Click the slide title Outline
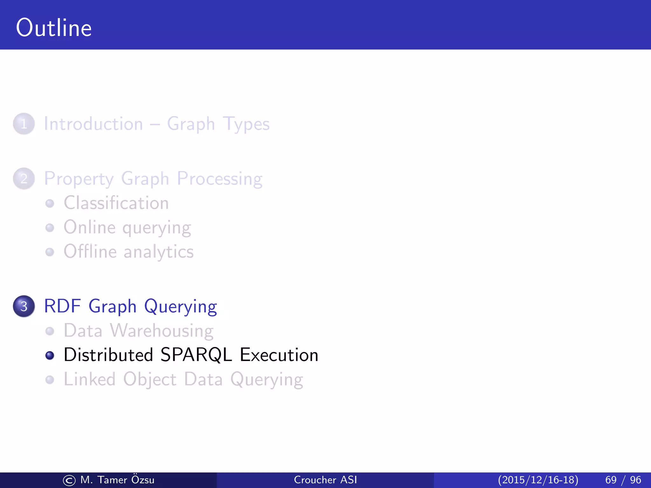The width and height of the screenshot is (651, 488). pyautogui.click(x=54, y=28)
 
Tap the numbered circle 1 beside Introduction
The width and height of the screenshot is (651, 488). pyautogui.click(x=24, y=124)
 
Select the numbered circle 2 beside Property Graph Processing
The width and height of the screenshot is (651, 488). pyautogui.click(x=24, y=179)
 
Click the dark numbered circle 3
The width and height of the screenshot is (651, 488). pyautogui.click(x=24, y=306)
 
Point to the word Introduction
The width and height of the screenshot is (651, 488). pyautogui.click(x=93, y=124)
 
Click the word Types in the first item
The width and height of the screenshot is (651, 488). pyautogui.click(x=246, y=124)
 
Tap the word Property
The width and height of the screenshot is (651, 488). pyautogui.click(x=79, y=179)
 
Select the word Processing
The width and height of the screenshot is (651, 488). pyautogui.click(x=220, y=179)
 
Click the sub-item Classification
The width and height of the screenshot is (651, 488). pyautogui.click(x=116, y=203)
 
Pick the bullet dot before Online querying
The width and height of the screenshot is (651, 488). pyautogui.click(x=50, y=228)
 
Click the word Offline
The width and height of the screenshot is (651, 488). pyautogui.click(x=90, y=252)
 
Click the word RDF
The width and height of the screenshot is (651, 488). pyautogui.click(x=62, y=306)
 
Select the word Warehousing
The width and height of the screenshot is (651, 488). pyautogui.click(x=162, y=331)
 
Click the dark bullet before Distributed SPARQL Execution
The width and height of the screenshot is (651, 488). pyautogui.click(x=50, y=355)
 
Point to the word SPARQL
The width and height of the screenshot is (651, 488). pyautogui.click(x=196, y=355)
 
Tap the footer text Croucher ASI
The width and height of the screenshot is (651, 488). pyautogui.click(x=325, y=480)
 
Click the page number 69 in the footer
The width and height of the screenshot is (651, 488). pyautogui.click(x=611, y=480)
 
